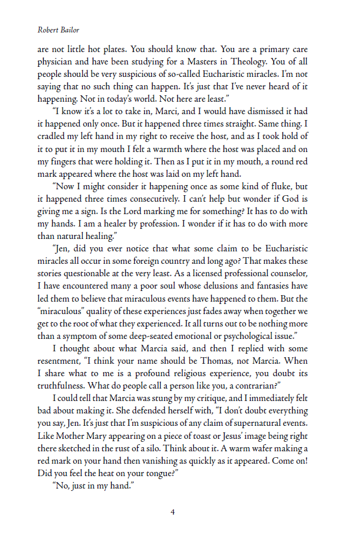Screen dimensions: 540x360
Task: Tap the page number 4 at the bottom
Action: [x=173, y=512]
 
